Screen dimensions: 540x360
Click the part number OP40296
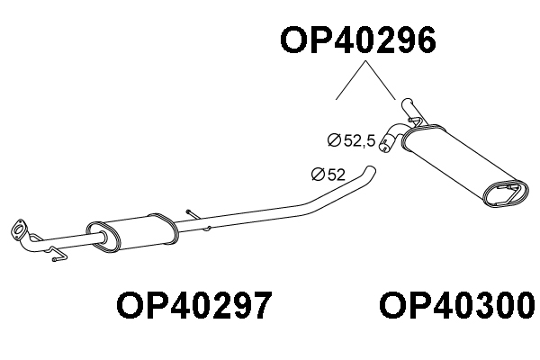359,40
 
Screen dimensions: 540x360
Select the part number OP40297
194,305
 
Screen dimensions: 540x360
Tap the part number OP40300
458,305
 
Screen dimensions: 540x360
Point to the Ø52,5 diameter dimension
351,140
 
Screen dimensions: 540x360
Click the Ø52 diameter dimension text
328,175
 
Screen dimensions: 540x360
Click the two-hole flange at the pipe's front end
19,229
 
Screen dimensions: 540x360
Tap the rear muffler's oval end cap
506,193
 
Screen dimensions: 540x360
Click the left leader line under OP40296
351,80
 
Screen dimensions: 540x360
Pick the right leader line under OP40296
381,80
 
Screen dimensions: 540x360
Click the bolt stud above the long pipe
192,214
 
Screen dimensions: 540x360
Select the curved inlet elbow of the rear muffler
391,137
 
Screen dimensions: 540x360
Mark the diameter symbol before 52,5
334,140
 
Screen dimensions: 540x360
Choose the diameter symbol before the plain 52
318,175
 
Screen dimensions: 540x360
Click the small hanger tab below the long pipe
207,229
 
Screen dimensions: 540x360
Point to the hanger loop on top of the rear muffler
415,121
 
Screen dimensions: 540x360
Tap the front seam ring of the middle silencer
103,238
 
